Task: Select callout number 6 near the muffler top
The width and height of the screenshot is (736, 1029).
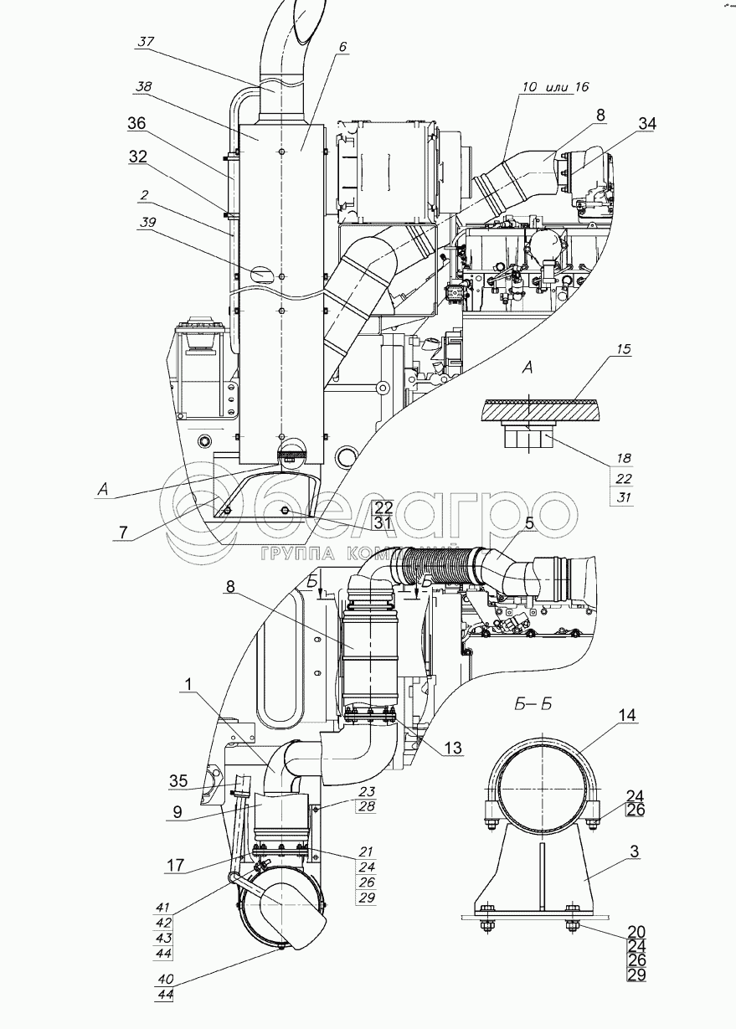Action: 342,48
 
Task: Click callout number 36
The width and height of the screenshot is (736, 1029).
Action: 136,123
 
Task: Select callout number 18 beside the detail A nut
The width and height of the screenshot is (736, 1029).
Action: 623,459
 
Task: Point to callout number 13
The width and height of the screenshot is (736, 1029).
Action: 452,748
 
